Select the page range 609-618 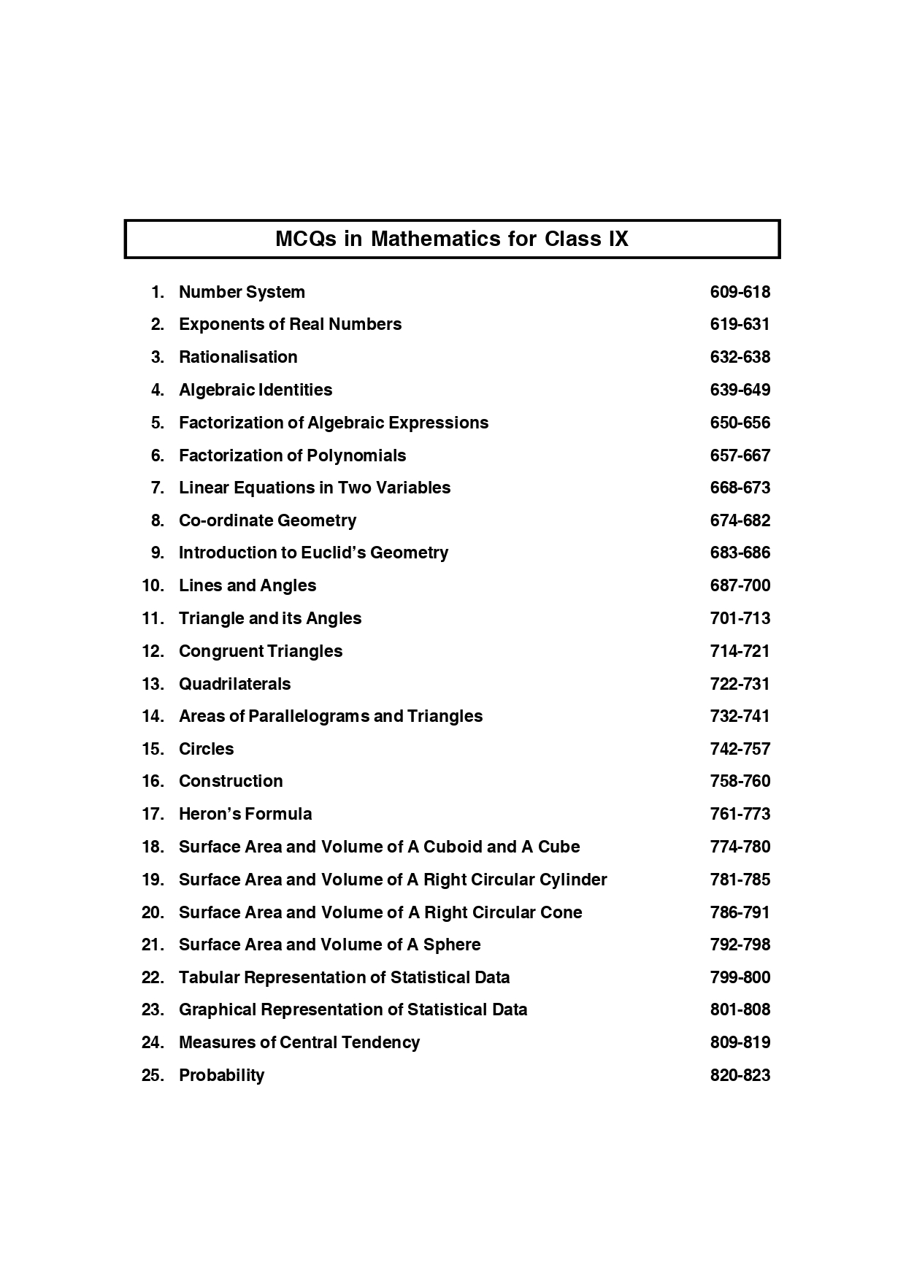[x=740, y=293]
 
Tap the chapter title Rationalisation [x=238, y=358]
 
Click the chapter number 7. [x=158, y=488]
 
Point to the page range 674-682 [x=740, y=521]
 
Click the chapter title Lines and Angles [x=247, y=586]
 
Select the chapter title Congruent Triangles [x=261, y=651]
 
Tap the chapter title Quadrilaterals [x=234, y=685]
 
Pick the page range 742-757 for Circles [x=740, y=750]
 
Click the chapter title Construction [x=231, y=782]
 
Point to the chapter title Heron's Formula [x=245, y=815]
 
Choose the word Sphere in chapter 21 [x=452, y=945]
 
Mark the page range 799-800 [x=740, y=978]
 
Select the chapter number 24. [x=153, y=1043]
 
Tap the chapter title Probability [x=221, y=1076]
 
